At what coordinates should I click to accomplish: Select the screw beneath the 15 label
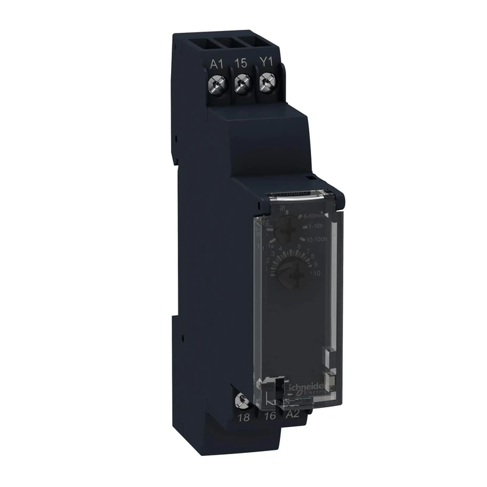pos(242,82)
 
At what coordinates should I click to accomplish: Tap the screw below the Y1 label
pos(265,81)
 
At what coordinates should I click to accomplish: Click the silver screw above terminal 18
pos(242,401)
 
